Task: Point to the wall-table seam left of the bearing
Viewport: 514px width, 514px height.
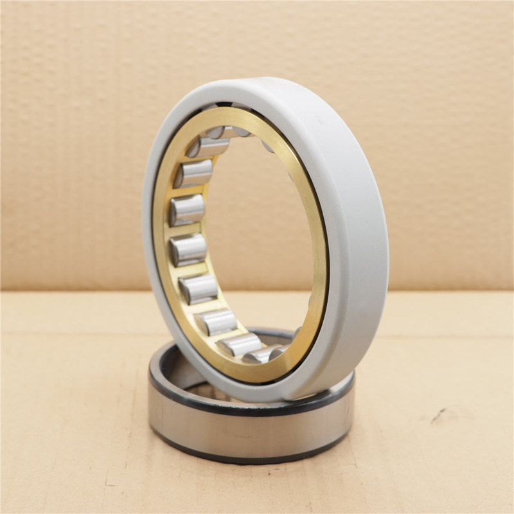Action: tap(71, 291)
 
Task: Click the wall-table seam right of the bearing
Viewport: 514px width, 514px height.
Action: tap(450, 291)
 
